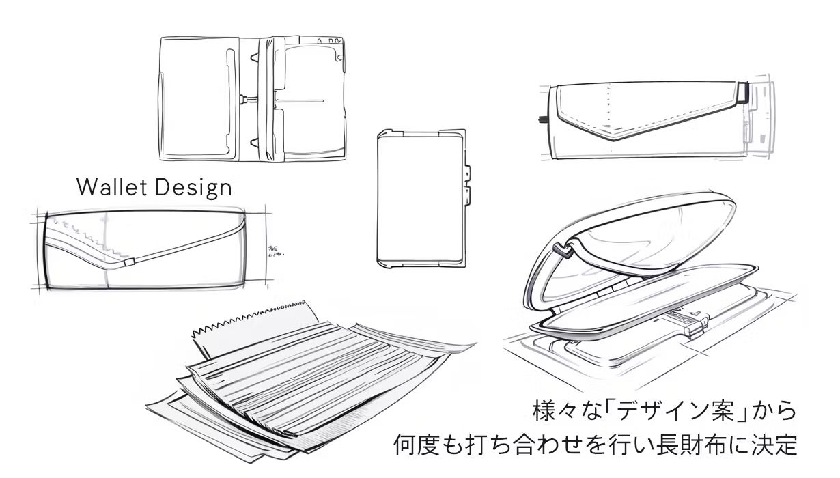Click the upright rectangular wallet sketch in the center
[x=420, y=198]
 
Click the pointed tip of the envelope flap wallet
[x=618, y=137]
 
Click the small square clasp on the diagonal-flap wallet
[x=130, y=262]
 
